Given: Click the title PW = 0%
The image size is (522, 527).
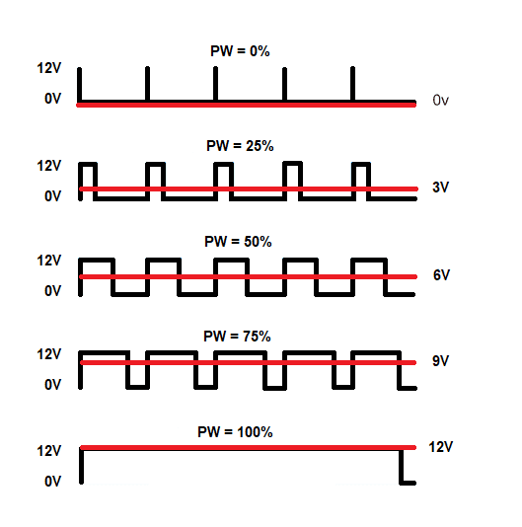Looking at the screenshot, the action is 240,51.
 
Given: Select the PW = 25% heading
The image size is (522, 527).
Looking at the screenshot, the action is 240,146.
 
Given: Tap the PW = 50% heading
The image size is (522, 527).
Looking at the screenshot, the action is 238,242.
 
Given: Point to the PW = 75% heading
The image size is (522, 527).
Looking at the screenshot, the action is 237,337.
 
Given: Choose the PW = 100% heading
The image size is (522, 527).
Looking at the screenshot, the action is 235,432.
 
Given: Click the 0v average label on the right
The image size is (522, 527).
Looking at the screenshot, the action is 440,100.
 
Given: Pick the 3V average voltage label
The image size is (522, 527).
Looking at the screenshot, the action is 440,187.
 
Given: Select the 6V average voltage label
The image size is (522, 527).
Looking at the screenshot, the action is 441,275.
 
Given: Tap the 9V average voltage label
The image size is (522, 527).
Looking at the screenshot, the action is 440,360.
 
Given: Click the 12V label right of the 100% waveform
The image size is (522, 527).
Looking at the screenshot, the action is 440,447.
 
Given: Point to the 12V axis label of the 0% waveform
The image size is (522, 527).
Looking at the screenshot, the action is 49,68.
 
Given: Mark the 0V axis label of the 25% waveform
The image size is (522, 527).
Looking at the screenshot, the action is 52,195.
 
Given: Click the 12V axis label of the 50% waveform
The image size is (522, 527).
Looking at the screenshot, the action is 49,261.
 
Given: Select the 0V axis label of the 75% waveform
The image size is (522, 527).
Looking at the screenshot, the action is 52,384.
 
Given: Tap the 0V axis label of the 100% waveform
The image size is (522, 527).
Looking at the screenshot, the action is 52,481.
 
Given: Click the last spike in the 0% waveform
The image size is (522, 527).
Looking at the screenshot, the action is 352,84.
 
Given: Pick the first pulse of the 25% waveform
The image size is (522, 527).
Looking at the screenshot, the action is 88,165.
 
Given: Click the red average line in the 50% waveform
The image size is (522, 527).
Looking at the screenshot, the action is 248,276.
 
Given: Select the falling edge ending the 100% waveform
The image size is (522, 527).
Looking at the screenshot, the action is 401,466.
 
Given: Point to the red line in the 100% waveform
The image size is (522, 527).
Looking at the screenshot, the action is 248,447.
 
